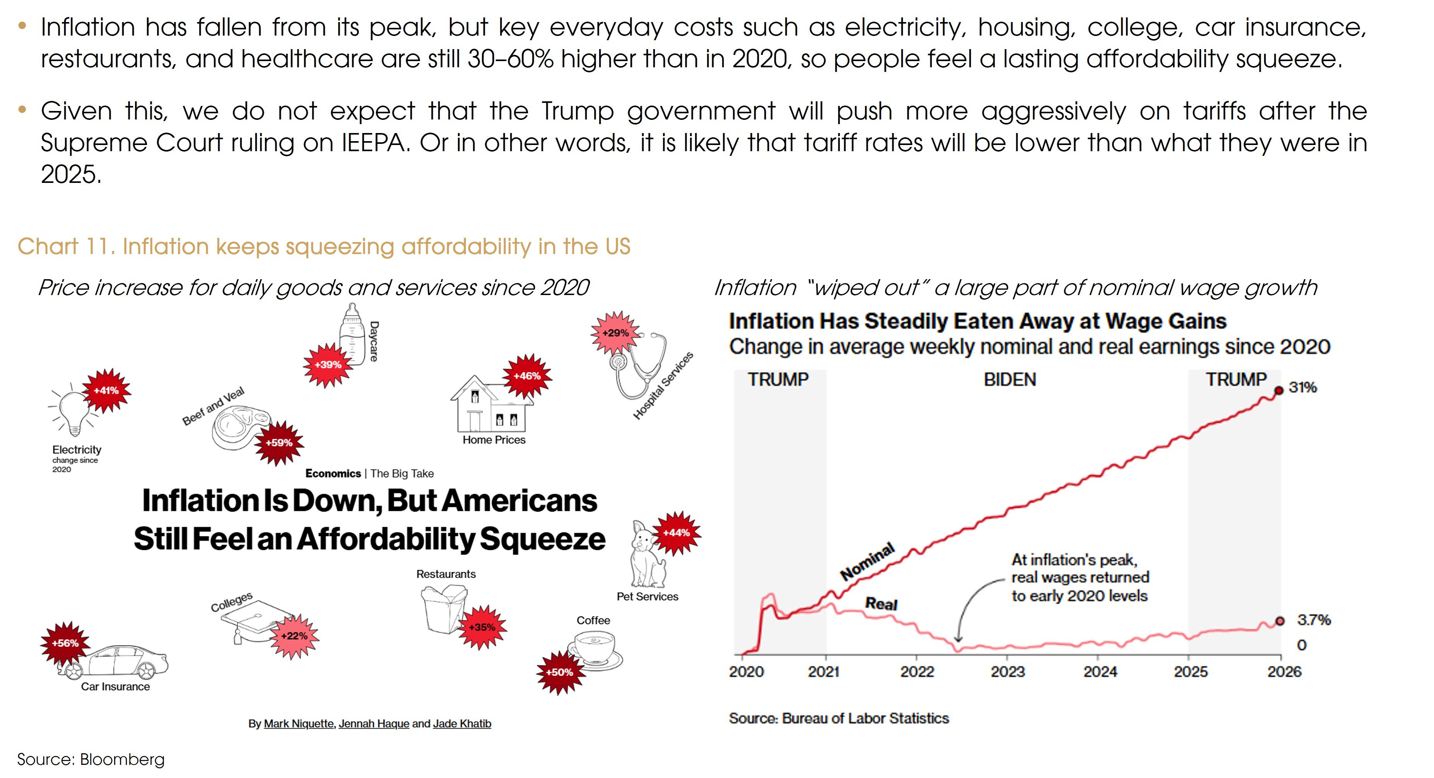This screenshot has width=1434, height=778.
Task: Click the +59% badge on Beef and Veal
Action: [x=279, y=443]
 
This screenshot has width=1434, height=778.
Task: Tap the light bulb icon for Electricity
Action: [x=72, y=412]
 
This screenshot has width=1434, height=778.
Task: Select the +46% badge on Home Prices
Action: [x=526, y=376]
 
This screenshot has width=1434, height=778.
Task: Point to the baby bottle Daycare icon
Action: [x=352, y=334]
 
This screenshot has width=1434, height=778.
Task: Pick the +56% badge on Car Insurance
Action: [x=65, y=643]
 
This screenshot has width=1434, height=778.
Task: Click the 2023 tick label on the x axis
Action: [x=1008, y=672]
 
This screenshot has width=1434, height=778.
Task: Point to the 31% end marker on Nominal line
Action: [x=1279, y=391]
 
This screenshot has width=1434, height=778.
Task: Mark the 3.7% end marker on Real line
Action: [x=1280, y=621]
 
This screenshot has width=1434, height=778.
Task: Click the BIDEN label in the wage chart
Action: [x=1010, y=380]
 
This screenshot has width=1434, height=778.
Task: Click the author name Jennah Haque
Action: [x=374, y=723]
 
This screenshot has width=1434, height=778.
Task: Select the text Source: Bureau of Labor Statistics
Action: [x=838, y=718]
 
